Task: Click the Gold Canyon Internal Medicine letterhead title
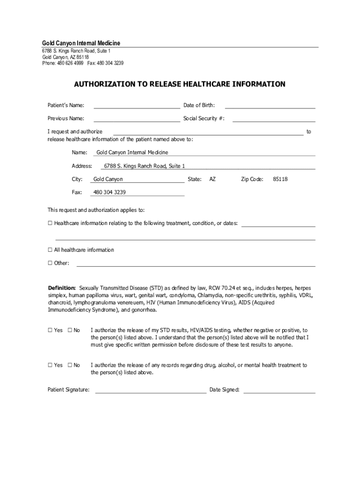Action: click(x=81, y=44)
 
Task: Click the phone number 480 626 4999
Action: click(x=71, y=63)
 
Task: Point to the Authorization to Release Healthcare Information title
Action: click(x=180, y=85)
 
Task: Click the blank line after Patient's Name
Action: click(x=137, y=105)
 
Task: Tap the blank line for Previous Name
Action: click(x=137, y=119)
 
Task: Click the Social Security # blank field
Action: click(x=274, y=119)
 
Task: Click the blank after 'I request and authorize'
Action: click(x=208, y=132)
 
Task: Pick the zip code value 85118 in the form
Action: click(x=280, y=179)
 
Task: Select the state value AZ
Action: click(x=212, y=179)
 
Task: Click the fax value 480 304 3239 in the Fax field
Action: click(x=109, y=192)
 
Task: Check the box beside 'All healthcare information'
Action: click(x=50, y=250)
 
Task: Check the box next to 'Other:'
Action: click(x=50, y=263)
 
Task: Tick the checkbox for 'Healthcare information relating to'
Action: click(x=50, y=223)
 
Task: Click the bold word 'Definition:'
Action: click(x=62, y=288)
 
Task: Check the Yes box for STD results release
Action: click(x=50, y=330)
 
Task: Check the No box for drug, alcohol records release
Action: click(x=70, y=365)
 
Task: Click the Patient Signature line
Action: click(x=151, y=390)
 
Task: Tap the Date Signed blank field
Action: click(x=279, y=390)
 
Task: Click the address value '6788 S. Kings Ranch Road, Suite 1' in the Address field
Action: click(x=144, y=166)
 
